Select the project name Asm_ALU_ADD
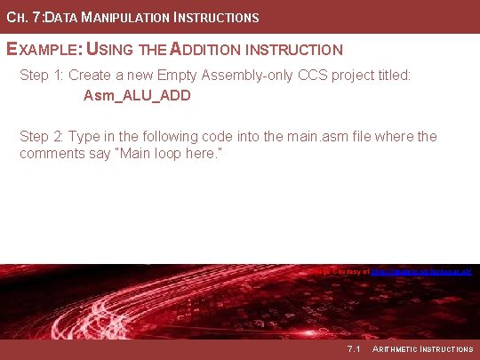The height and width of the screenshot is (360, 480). coord(137,95)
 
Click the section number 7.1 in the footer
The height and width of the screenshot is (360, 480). coord(353,349)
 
